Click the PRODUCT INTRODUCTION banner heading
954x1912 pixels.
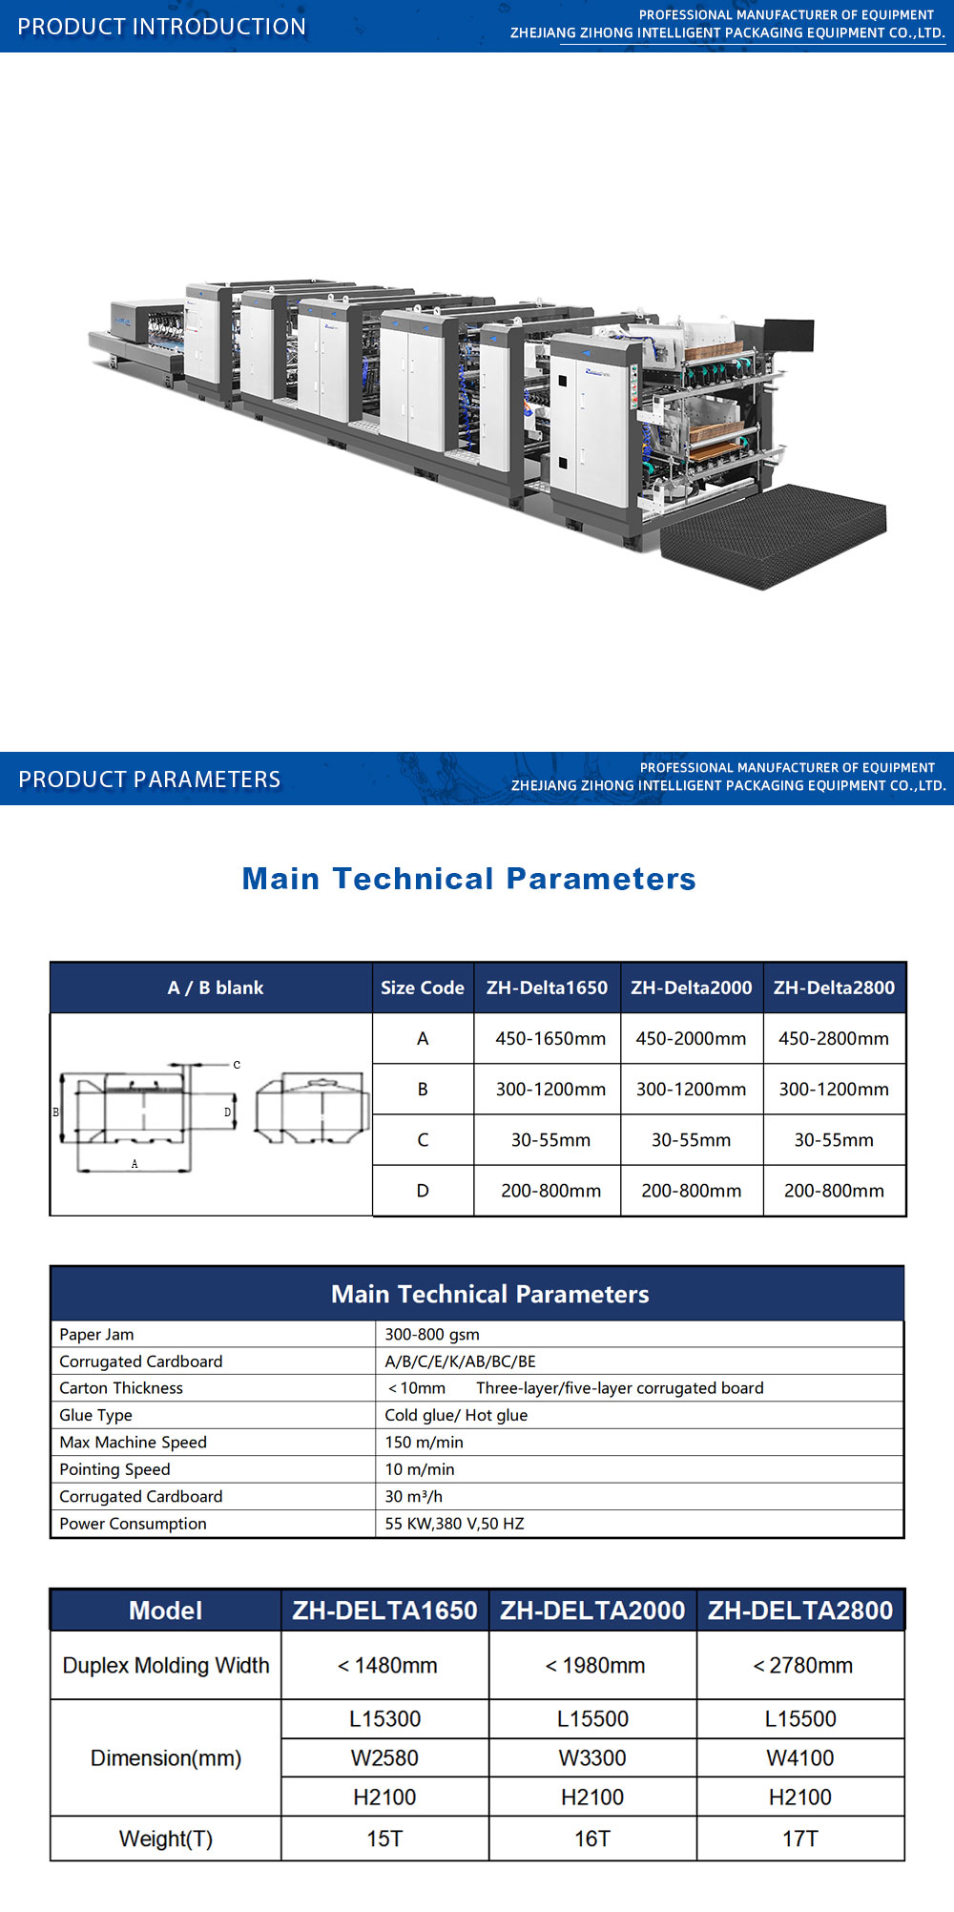point(162,27)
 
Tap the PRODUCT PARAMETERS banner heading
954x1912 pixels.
point(150,779)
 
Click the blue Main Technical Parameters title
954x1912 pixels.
point(469,878)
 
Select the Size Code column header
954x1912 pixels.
point(423,987)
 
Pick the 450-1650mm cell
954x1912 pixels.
point(550,1038)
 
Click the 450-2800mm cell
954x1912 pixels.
point(834,1038)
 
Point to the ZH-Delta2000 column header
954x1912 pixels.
point(692,987)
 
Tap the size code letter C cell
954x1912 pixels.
point(423,1140)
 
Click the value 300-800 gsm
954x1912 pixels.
point(432,1334)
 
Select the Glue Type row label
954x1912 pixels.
point(95,1415)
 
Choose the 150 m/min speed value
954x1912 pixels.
point(425,1442)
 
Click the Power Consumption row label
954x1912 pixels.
point(133,1523)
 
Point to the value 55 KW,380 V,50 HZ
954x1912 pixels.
point(454,1523)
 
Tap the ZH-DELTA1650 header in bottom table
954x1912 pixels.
point(384,1611)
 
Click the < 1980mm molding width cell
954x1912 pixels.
point(594,1665)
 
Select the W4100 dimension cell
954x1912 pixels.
point(800,1757)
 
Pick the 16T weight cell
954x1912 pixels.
point(592,1839)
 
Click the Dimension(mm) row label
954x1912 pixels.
point(166,1757)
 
